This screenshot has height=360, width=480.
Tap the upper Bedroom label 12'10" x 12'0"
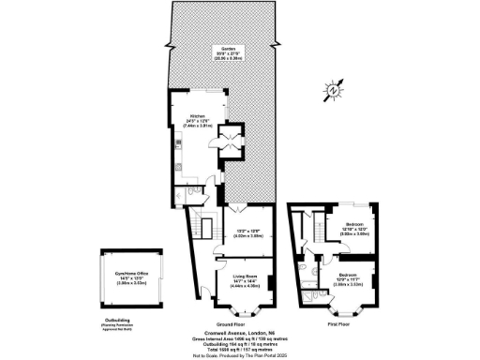point(354,229)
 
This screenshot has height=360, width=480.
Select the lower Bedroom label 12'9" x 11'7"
point(350,277)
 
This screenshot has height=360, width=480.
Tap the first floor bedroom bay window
point(343,305)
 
